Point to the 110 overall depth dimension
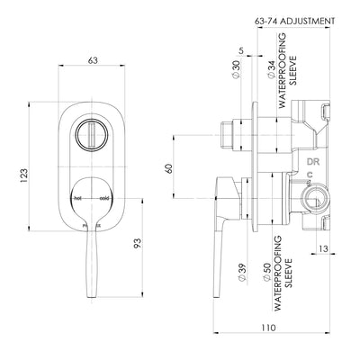click(x=267, y=329)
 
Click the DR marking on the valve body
click(x=315, y=162)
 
